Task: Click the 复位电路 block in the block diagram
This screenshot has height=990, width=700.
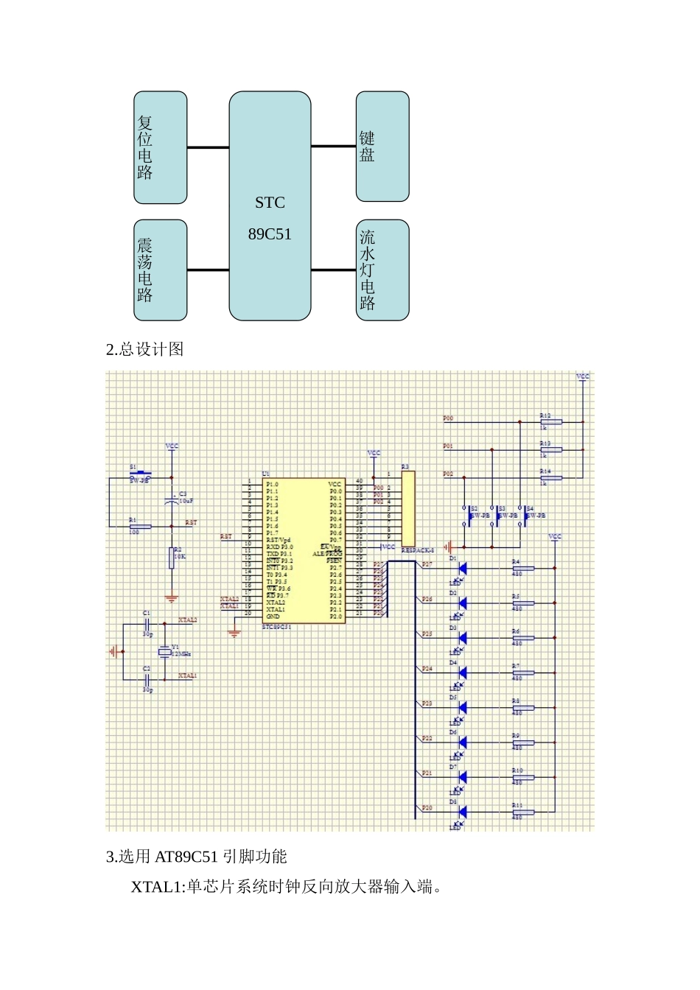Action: pyautogui.click(x=160, y=147)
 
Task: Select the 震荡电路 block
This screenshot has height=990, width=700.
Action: pyautogui.click(x=160, y=270)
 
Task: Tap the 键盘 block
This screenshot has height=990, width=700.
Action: pyautogui.click(x=382, y=147)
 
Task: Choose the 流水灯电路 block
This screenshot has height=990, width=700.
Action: pyautogui.click(x=382, y=270)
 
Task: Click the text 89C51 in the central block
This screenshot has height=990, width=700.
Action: pyautogui.click(x=270, y=234)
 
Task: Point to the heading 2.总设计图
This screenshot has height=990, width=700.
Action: pyautogui.click(x=145, y=350)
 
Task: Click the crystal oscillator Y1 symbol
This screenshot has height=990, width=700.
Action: pyautogui.click(x=164, y=653)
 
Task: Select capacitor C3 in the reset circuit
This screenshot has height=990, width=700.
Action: pyautogui.click(x=172, y=501)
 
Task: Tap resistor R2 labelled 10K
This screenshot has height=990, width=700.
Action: pyautogui.click(x=172, y=558)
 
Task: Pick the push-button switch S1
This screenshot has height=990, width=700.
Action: pyautogui.click(x=140, y=474)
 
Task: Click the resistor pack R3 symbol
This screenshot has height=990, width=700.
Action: pyautogui.click(x=408, y=508)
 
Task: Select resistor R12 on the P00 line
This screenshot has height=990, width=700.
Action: pyautogui.click(x=550, y=422)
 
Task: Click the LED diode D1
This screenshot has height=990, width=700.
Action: pyautogui.click(x=462, y=568)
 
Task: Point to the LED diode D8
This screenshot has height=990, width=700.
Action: pyautogui.click(x=462, y=812)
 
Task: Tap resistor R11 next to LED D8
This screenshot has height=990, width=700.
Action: pyautogui.click(x=523, y=812)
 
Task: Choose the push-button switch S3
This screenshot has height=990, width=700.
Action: pyautogui.click(x=493, y=516)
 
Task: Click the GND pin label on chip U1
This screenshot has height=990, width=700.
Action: pyautogui.click(x=273, y=617)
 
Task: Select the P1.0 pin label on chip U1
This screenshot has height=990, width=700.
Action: pyautogui.click(x=273, y=484)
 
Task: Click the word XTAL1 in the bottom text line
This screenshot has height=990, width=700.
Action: pyautogui.click(x=156, y=887)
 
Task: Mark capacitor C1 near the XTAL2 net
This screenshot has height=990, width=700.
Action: pyautogui.click(x=147, y=624)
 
